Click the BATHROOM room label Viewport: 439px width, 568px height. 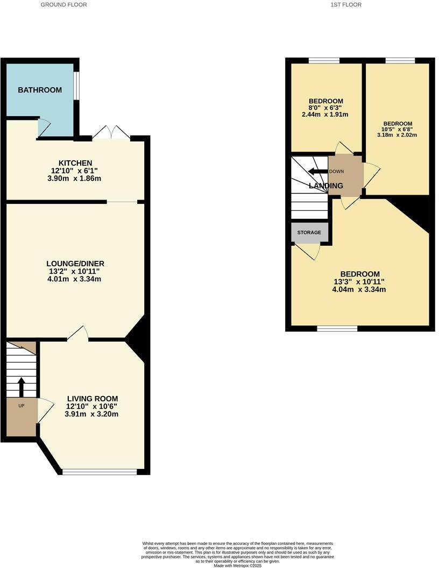point(40,90)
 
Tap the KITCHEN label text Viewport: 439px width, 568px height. point(75,163)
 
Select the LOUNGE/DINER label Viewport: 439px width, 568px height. point(75,264)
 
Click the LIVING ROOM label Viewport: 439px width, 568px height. point(92,399)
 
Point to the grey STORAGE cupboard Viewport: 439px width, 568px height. point(309,232)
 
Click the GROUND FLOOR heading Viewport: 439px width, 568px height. point(64,4)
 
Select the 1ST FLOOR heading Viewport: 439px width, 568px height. point(346,4)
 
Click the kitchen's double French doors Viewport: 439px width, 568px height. point(111,132)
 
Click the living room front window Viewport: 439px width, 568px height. point(100,472)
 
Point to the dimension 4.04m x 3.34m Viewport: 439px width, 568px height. point(359,289)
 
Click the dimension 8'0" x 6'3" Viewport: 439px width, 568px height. point(325,108)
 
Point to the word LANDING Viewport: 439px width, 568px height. point(325,186)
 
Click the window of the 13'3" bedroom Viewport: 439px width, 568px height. point(337,328)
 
